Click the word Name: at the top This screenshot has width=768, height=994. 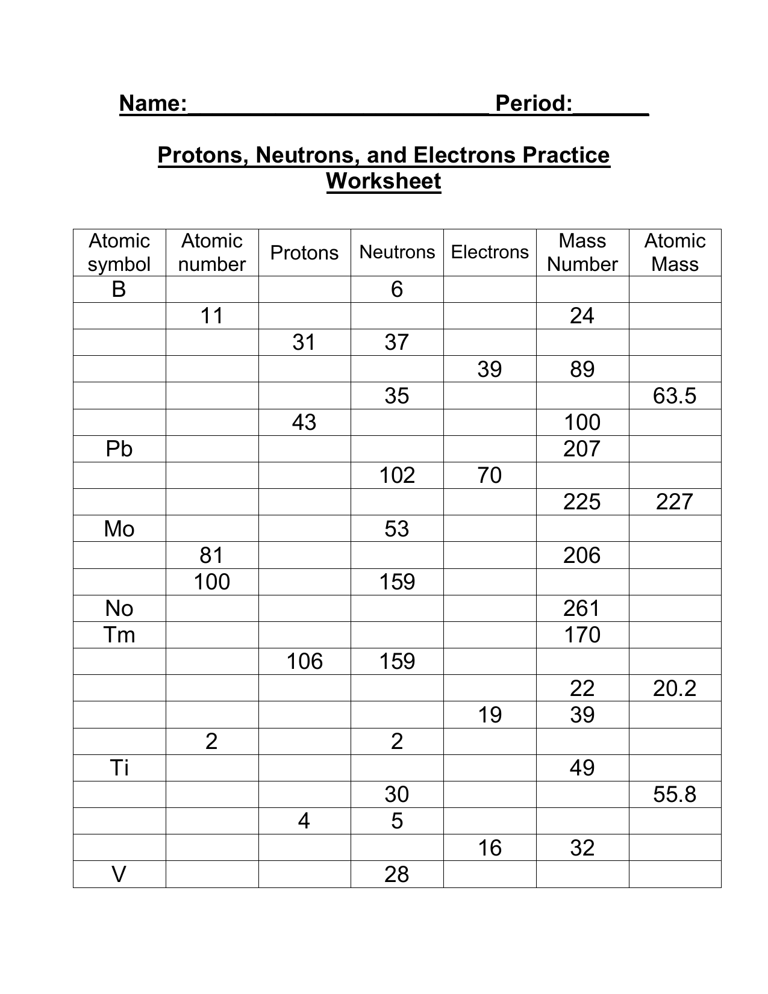click(153, 104)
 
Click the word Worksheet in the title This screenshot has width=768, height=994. click(384, 181)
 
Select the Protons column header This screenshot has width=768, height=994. click(304, 252)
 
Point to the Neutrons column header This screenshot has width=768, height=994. click(397, 252)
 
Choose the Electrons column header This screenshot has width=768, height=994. click(490, 252)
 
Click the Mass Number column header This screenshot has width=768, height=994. click(582, 252)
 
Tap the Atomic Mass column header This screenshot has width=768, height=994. click(675, 252)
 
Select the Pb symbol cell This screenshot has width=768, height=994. click(119, 449)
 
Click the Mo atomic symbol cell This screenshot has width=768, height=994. click(119, 529)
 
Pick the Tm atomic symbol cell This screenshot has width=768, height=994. click(119, 635)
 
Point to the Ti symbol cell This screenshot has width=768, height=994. click(119, 768)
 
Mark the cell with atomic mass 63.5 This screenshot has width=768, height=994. click(675, 396)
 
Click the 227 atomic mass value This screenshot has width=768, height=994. click(675, 502)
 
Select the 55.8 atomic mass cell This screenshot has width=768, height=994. click(675, 794)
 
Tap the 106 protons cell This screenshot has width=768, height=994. click(304, 661)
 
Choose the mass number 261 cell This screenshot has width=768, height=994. click(582, 608)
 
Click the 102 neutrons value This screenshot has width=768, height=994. click(397, 475)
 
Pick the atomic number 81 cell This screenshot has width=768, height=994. click(211, 555)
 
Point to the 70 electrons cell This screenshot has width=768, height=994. click(489, 475)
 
